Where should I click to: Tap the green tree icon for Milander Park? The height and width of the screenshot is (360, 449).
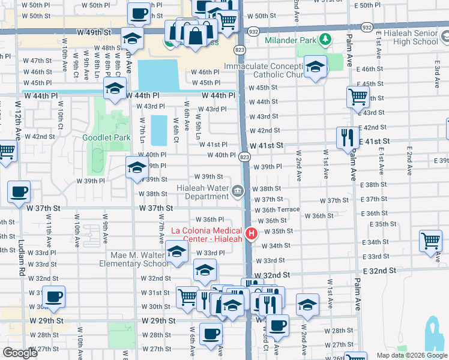(x=325, y=40)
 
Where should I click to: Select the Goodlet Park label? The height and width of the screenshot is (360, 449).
(x=106, y=137)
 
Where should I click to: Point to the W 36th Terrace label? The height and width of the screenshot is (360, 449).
(x=277, y=210)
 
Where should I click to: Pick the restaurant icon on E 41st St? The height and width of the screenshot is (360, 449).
(x=346, y=139)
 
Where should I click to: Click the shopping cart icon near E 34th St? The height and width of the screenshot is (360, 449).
(x=430, y=241)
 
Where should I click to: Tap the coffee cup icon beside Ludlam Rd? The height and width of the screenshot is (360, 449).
(x=19, y=193)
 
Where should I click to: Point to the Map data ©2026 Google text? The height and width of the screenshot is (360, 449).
(x=411, y=355)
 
